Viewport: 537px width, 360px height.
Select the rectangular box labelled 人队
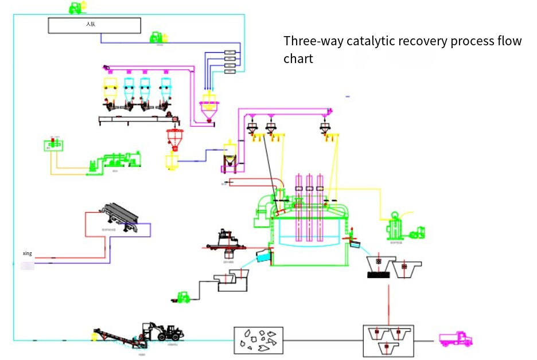pos(94,25)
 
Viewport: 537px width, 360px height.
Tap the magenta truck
pos(456,339)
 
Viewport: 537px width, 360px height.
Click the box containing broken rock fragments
pos(258,339)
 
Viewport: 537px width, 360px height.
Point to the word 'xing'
pos(27,253)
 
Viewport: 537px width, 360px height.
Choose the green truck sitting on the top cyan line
pos(76,8)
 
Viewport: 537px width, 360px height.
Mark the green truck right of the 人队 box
pos(157,38)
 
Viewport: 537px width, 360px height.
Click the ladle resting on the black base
pos(379,267)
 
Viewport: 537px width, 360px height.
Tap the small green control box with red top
pos(53,146)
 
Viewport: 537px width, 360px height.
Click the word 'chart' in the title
pos(298,59)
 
